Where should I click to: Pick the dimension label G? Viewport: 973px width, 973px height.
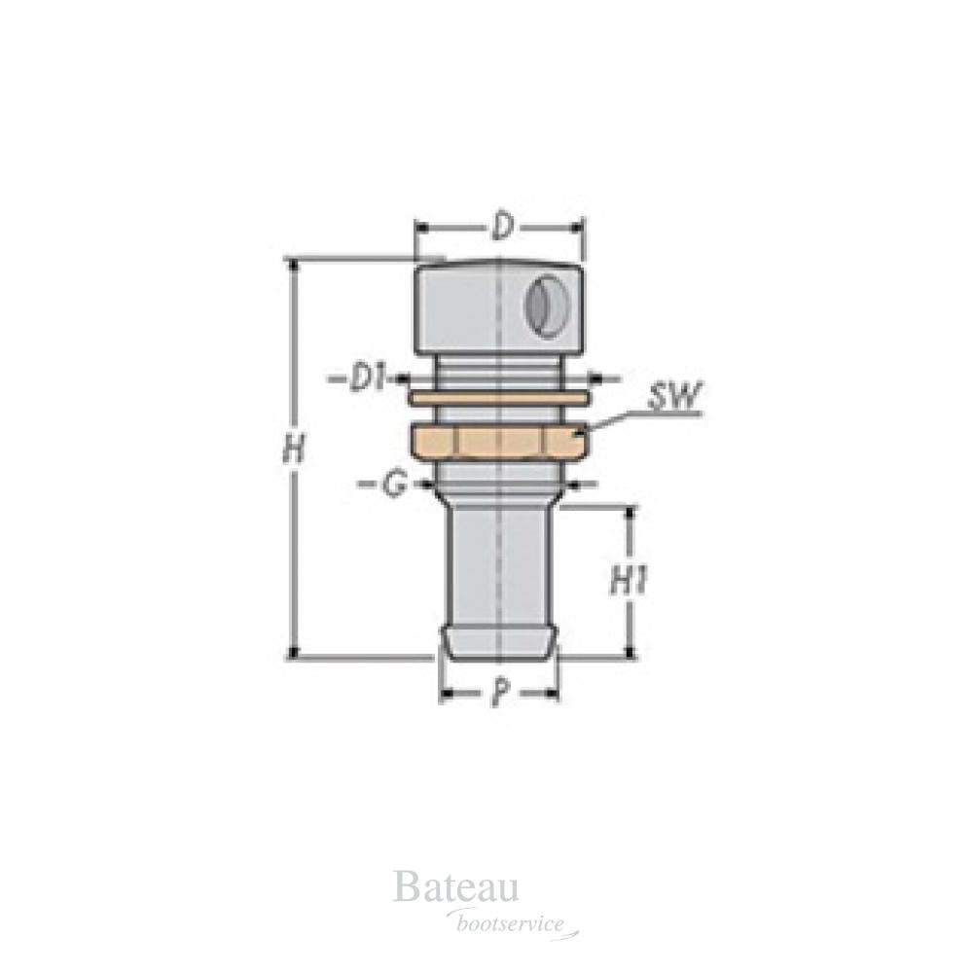point(392,485)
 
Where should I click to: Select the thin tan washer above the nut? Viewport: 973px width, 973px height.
point(498,398)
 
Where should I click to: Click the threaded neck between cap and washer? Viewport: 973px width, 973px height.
point(498,371)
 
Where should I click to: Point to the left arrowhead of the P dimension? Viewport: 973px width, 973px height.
point(447,694)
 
